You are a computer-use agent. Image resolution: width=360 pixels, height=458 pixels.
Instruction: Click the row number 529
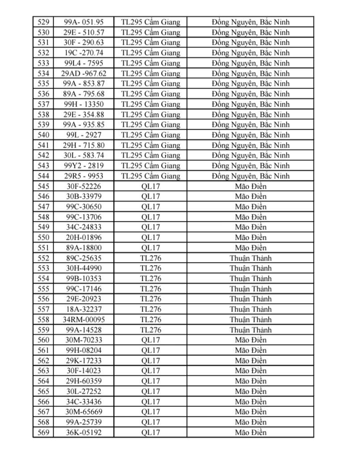coord(43,22)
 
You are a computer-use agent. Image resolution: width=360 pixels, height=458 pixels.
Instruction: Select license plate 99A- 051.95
coord(84,22)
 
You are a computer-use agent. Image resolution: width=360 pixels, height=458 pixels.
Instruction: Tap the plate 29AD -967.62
coord(84,73)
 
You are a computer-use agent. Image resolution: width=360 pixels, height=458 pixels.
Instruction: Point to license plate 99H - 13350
coord(84,104)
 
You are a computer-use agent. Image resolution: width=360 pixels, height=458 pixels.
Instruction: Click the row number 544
coord(43,176)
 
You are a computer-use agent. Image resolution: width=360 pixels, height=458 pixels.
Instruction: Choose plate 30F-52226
coord(84,186)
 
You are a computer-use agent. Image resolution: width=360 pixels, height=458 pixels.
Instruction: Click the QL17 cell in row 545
coord(151,186)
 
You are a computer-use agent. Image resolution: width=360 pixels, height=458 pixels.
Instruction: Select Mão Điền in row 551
coord(250,248)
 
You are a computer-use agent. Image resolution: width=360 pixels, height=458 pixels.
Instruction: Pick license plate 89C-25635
coord(84,258)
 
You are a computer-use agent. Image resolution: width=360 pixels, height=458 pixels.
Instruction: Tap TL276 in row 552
coord(151,258)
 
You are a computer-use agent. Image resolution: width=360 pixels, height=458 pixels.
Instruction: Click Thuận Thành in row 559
coord(250,330)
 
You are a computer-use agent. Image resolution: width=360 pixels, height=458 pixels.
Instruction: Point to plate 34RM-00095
coord(84,320)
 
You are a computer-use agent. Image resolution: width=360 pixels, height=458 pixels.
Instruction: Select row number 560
coord(43,340)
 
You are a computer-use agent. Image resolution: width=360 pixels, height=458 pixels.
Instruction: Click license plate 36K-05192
coord(84,433)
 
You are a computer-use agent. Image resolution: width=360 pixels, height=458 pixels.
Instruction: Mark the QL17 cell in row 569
coord(151,433)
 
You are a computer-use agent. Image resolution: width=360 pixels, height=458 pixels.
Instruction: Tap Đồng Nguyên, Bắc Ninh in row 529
coord(250,22)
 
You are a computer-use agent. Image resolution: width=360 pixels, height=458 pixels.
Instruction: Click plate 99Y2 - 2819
coord(84,166)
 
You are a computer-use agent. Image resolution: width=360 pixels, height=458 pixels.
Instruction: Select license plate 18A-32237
coord(84,310)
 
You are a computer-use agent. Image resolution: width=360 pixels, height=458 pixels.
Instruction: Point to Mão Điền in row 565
coord(250,391)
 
